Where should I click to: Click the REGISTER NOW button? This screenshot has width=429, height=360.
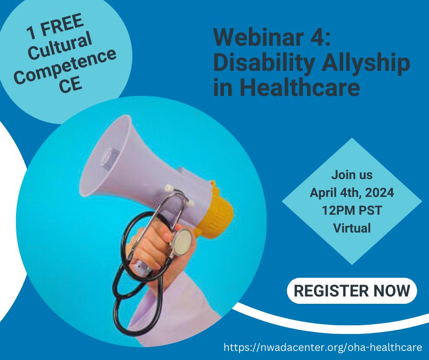pyautogui.click(x=352, y=291)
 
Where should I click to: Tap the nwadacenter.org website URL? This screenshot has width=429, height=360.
pyautogui.click(x=323, y=348)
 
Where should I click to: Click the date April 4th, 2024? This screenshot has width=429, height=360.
pyautogui.click(x=352, y=192)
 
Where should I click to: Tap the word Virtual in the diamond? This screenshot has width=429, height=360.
pyautogui.click(x=352, y=228)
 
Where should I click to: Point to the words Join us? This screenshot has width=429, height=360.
pyautogui.click(x=352, y=175)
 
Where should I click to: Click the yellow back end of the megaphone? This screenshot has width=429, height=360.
pyautogui.click(x=222, y=212)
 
